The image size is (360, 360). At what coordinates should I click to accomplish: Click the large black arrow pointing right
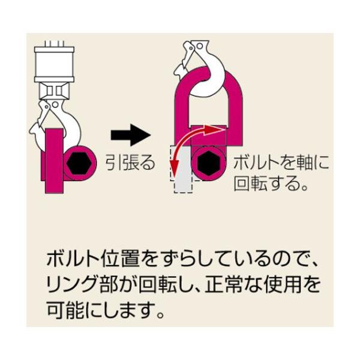(131, 135)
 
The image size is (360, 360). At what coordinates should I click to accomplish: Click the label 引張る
(130, 163)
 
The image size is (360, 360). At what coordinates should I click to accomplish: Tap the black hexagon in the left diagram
(79, 163)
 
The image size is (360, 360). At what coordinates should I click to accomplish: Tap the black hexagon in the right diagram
(208, 163)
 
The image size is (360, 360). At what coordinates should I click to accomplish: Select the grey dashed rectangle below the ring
(183, 169)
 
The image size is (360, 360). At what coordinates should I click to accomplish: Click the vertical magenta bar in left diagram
(54, 161)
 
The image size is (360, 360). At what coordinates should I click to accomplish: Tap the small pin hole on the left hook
(55, 104)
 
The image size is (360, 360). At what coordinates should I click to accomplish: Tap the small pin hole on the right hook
(200, 46)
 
